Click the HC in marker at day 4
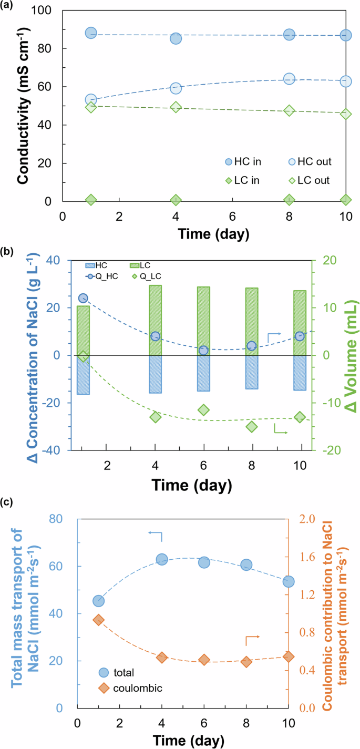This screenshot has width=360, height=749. pyautogui.click(x=176, y=38)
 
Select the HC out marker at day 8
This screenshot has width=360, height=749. pyautogui.click(x=289, y=79)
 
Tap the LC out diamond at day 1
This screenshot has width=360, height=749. pyautogui.click(x=91, y=107)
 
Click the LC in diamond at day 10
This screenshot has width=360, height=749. pyautogui.click(x=346, y=200)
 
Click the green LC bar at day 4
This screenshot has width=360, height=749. pyautogui.click(x=155, y=320)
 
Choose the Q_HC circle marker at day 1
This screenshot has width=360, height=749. pyautogui.click(x=83, y=298)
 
